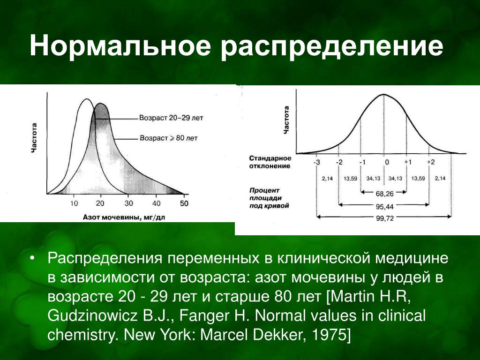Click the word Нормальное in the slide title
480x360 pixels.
[x=120, y=46]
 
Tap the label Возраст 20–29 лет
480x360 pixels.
[x=171, y=118]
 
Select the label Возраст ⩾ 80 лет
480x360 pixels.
[x=169, y=138]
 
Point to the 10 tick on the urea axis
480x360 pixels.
[x=74, y=203]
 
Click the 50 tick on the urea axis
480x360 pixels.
[x=184, y=203]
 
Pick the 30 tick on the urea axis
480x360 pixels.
[x=128, y=203]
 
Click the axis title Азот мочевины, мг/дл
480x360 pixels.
[x=124, y=217]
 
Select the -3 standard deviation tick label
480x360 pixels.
[x=317, y=162]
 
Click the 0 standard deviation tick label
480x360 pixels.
[x=387, y=162]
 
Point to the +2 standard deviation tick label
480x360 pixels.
[x=431, y=162]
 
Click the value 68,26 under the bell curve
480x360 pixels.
[x=384, y=194]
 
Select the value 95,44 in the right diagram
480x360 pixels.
[x=384, y=207]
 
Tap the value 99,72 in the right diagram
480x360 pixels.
[x=385, y=218]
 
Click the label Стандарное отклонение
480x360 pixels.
[x=270, y=162]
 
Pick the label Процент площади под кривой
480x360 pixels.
[x=269, y=198]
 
